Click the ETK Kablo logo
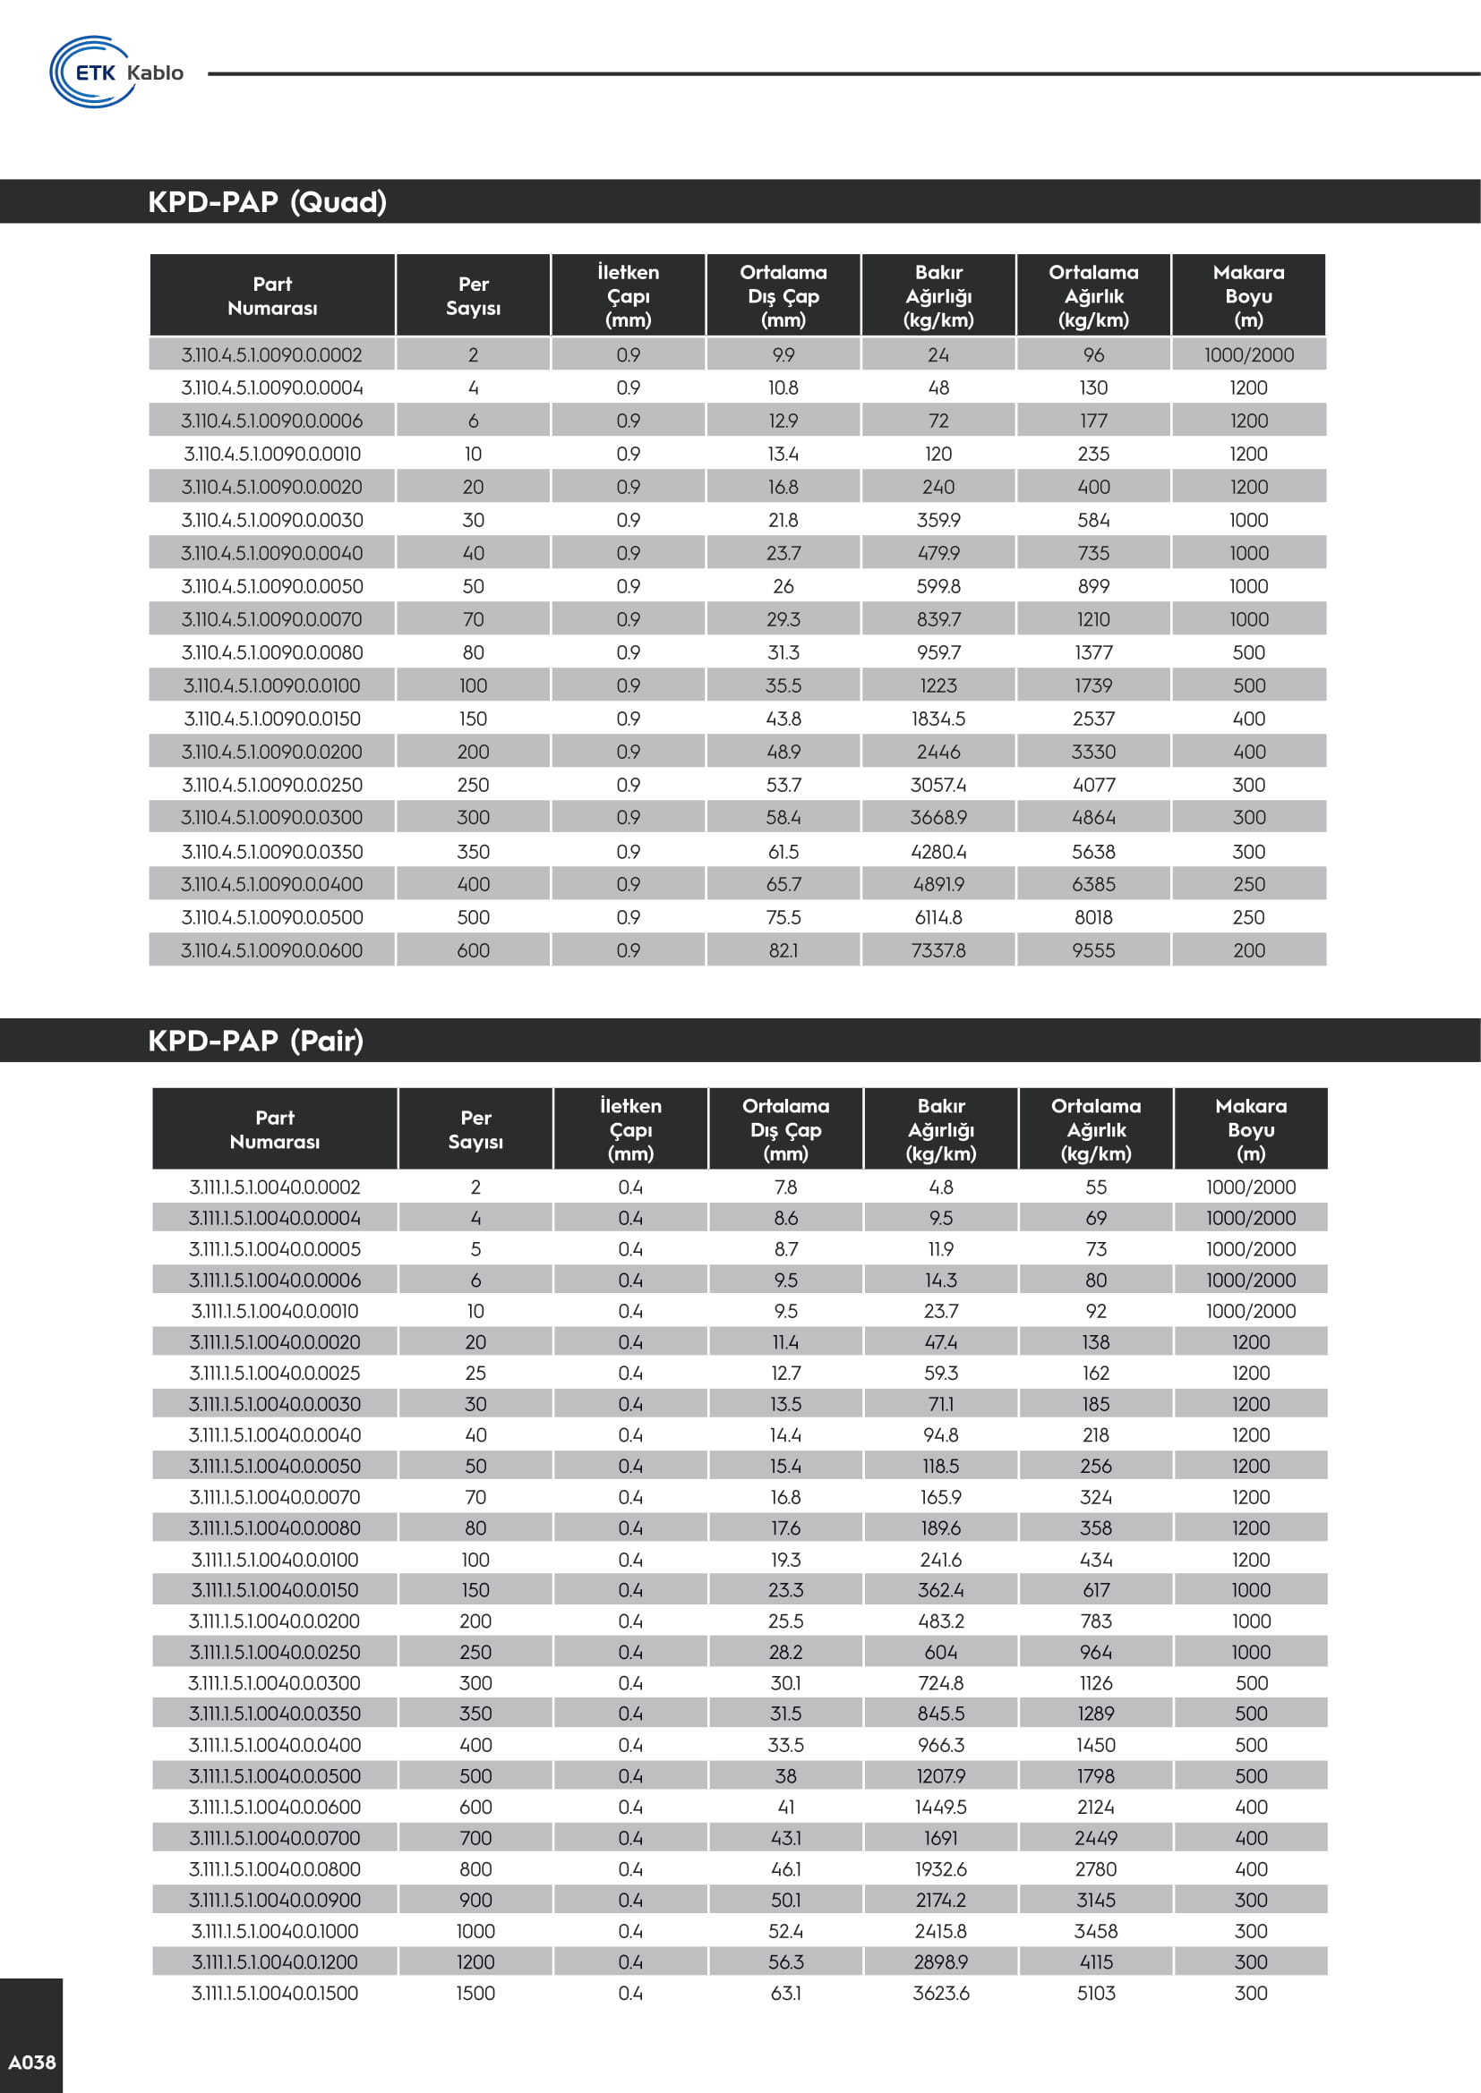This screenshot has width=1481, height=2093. pyautogui.click(x=116, y=72)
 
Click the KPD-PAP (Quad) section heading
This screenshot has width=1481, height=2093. pyautogui.click(x=267, y=201)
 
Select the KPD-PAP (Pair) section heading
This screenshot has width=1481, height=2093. pyautogui.click(x=255, y=1040)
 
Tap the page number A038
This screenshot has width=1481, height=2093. pyautogui.click(x=32, y=2062)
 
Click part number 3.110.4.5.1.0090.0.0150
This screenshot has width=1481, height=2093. pyautogui.click(x=272, y=719)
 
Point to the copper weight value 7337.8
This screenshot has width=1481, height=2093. pyautogui.click(x=938, y=950)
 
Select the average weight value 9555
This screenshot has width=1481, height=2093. pyautogui.click(x=1093, y=950)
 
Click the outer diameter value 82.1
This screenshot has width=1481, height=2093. pyautogui.click(x=783, y=950)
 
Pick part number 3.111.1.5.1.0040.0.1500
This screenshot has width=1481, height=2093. pyautogui.click(x=275, y=1993)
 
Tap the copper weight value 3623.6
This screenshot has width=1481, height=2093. pyautogui.click(x=941, y=1993)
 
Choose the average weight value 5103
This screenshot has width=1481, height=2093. pyautogui.click(x=1096, y=1993)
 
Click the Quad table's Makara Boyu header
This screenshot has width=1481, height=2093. pyautogui.click(x=1248, y=295)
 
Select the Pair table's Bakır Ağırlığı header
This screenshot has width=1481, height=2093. pyautogui.click(x=941, y=1129)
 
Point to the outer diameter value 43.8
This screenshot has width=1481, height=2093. pyautogui.click(x=783, y=719)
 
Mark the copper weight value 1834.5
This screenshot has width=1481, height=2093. pyautogui.click(x=938, y=719)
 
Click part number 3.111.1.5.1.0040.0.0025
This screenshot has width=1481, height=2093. pyautogui.click(x=275, y=1373)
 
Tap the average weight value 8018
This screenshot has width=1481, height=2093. pyautogui.click(x=1093, y=917)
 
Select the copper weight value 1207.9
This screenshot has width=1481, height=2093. pyautogui.click(x=941, y=1775)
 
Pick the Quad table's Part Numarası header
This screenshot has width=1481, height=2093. pyautogui.click(x=273, y=295)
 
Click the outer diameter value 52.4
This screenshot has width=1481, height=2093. pyautogui.click(x=785, y=1931)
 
